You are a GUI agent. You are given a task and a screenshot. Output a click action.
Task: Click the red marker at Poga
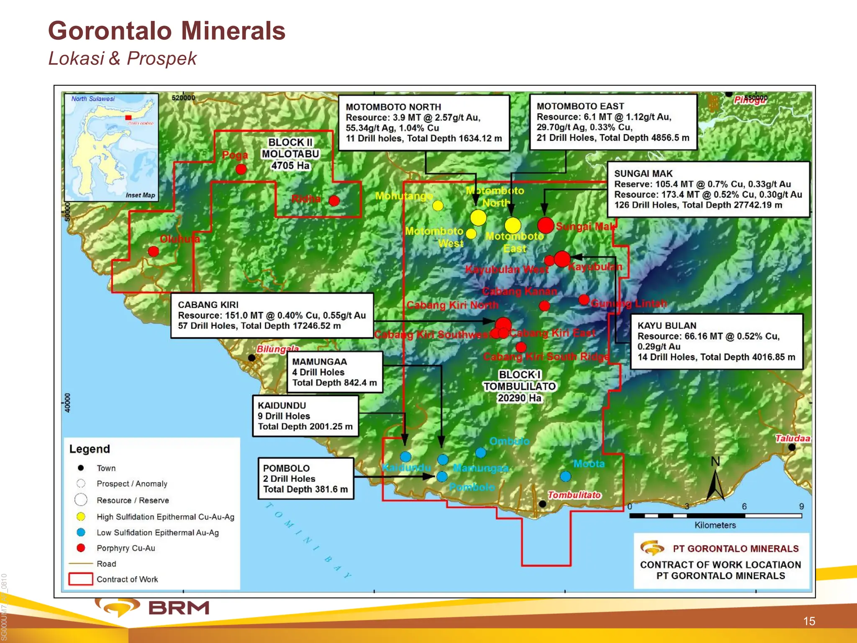(241, 169)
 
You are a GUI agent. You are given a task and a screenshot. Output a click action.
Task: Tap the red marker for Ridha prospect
(334, 201)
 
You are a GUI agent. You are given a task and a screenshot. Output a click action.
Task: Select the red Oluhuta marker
(154, 251)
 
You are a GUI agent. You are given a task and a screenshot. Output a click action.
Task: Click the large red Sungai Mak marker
(546, 225)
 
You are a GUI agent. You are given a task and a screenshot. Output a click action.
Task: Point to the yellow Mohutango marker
(438, 206)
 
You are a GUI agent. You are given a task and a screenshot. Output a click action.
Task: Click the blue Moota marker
(565, 476)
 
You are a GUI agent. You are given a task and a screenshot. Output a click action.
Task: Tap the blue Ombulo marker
(481, 453)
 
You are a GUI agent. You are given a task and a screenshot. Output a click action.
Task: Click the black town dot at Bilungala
(251, 358)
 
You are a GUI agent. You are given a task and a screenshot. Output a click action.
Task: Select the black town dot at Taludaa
(792, 447)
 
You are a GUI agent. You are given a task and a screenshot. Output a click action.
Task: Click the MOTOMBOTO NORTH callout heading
(393, 107)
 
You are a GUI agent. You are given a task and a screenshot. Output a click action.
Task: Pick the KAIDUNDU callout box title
(282, 405)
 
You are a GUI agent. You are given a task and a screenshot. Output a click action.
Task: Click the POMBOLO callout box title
(286, 468)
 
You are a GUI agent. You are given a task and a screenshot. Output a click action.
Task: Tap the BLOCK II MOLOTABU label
(290, 154)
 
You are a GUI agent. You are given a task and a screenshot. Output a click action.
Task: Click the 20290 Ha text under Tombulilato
(519, 398)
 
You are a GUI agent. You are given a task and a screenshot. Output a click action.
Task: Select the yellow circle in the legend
(81, 517)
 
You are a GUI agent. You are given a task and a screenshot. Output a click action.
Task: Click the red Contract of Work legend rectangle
(81, 579)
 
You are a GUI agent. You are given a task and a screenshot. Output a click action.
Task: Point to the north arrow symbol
(716, 484)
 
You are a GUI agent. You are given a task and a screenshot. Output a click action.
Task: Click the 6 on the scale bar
(744, 506)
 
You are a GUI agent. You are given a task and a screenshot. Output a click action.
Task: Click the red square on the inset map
(128, 118)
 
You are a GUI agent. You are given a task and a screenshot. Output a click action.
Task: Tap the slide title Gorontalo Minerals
(167, 31)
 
